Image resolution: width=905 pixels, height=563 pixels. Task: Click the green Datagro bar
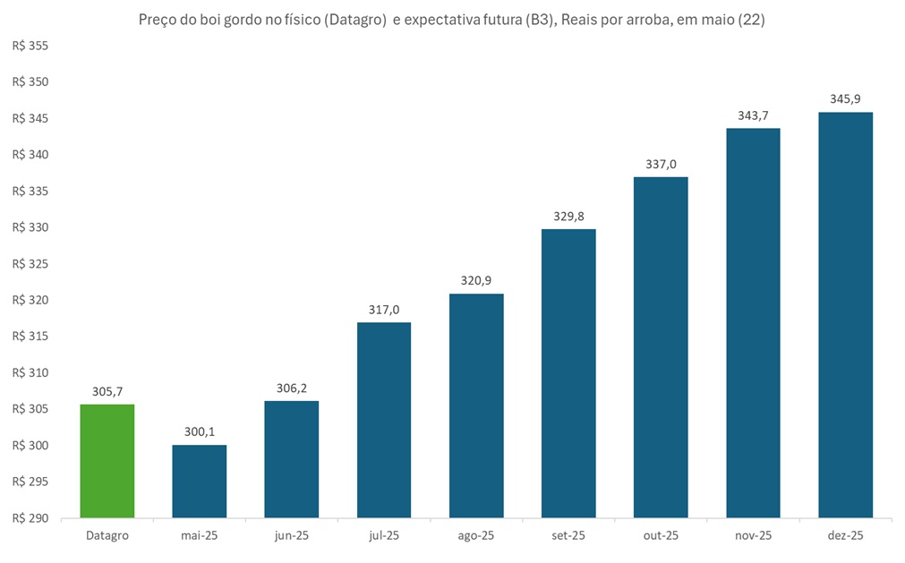(107, 461)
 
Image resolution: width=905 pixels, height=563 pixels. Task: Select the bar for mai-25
(200, 482)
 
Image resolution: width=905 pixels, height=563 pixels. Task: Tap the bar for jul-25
(384, 420)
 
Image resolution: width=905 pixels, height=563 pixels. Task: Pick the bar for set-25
(568, 373)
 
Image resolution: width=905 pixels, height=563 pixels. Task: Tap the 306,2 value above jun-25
(292, 388)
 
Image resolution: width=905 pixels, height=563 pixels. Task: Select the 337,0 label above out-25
(661, 164)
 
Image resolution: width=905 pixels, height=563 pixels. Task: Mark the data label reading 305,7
(107, 391)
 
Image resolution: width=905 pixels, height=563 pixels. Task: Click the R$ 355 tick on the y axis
(30, 46)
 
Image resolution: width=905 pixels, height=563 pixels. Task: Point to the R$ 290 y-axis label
(30, 518)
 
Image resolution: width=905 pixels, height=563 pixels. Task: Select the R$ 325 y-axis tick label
(30, 264)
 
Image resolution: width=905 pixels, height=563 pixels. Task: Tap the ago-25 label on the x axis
(476, 535)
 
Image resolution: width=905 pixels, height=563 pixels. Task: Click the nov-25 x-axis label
(753, 535)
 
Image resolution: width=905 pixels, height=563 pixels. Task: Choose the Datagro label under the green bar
(107, 535)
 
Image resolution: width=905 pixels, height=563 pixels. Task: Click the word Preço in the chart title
(158, 20)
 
